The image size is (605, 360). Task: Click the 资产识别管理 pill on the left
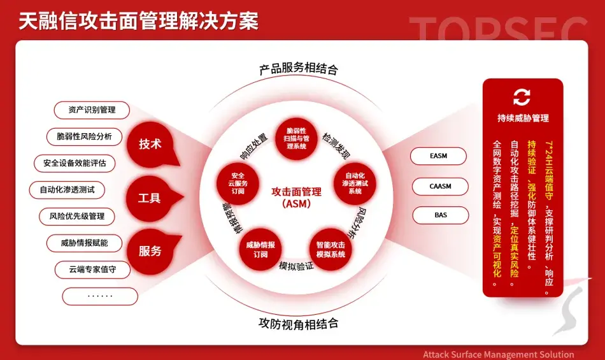pyautogui.click(x=92, y=110)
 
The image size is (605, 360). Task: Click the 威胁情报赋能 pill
pyautogui.click(x=84, y=243)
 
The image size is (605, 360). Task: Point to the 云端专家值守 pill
pyautogui.click(x=92, y=270)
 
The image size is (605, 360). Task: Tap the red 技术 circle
pyautogui.click(x=150, y=143)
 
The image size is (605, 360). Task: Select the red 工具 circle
pyautogui.click(x=150, y=198)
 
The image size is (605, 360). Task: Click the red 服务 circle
pyautogui.click(x=150, y=251)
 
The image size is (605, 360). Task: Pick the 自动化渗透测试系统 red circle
pyautogui.click(x=356, y=183)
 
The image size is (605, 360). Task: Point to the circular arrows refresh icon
pyautogui.click(x=522, y=97)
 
